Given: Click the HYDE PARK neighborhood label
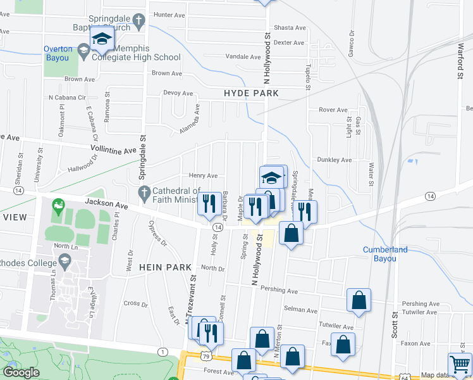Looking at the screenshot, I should [251, 93].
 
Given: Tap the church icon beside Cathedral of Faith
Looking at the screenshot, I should [144, 192].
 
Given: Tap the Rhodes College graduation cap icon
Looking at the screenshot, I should [64, 260].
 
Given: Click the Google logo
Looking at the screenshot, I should [21, 372].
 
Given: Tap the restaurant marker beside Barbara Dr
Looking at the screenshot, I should [207, 204].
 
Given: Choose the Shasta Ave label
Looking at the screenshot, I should [290, 28].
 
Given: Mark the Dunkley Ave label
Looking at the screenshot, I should [334, 160].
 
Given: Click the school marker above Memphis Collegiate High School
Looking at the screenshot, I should [101, 39].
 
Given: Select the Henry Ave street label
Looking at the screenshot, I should [203, 175].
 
